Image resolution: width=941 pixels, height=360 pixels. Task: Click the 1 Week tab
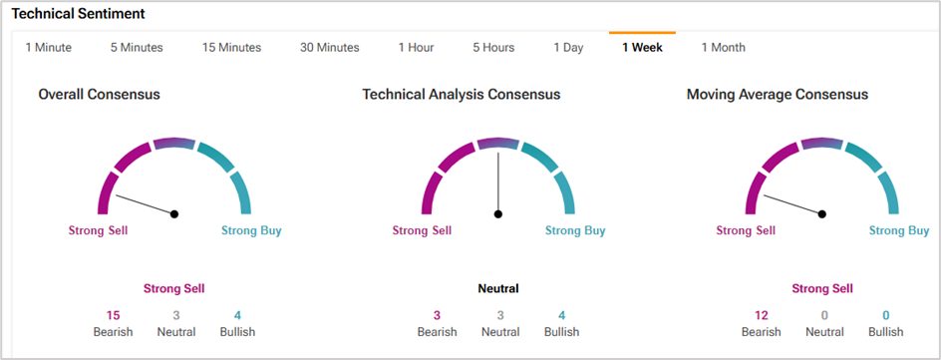[642, 48]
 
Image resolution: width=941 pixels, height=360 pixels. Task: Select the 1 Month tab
[723, 48]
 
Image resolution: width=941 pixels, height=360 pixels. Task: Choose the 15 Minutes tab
[231, 48]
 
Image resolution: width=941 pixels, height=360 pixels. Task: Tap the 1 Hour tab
[416, 48]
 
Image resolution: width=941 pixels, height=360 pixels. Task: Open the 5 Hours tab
[493, 48]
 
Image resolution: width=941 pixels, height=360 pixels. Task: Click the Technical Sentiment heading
[78, 14]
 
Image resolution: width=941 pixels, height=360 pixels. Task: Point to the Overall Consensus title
[99, 94]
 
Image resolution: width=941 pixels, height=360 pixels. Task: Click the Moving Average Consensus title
[778, 94]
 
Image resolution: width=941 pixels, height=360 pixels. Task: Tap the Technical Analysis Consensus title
[461, 94]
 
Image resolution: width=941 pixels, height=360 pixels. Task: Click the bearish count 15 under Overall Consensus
[113, 315]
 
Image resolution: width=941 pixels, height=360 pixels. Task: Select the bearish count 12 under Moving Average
[761, 315]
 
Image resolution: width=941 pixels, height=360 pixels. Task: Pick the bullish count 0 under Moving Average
[886, 315]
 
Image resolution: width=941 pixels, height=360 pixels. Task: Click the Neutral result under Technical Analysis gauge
[498, 288]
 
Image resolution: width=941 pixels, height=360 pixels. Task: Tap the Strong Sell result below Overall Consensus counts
[174, 288]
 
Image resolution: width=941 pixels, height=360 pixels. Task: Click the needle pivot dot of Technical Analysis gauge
[498, 213]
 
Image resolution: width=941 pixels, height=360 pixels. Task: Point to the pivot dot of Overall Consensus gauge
[174, 213]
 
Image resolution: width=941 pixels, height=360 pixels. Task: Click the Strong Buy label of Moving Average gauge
[899, 230]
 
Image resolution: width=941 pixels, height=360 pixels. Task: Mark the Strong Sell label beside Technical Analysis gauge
[422, 230]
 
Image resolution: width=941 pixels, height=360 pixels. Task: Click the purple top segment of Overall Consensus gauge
[174, 143]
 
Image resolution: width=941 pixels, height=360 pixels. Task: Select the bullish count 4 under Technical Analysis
[561, 315]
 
